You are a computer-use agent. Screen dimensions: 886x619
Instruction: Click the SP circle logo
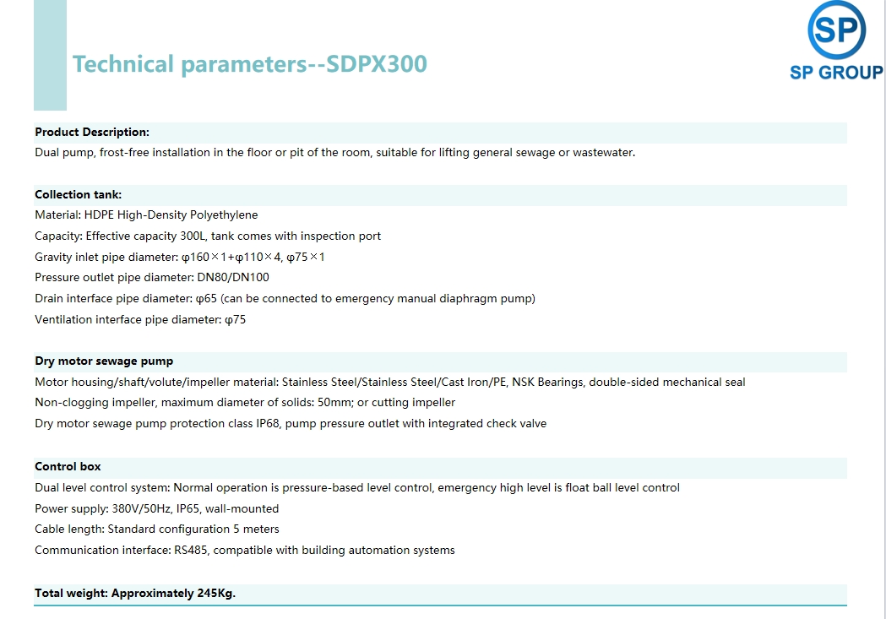pos(836,30)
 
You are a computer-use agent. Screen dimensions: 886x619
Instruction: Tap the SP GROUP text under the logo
pos(836,73)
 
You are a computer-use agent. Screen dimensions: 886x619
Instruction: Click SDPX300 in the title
pos(377,64)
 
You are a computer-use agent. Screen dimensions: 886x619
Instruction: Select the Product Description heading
pos(92,132)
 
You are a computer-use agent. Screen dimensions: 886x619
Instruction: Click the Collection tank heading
pos(78,195)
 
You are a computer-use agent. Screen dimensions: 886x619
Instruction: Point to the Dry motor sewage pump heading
pos(104,361)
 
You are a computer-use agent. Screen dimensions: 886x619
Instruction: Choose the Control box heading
pos(68,466)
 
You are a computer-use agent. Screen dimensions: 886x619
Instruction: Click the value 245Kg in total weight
pos(216,594)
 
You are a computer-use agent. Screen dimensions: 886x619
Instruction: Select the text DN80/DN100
pos(233,277)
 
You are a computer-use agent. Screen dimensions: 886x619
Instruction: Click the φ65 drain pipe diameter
pos(206,299)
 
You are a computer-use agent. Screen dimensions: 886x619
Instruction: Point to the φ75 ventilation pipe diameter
pos(235,320)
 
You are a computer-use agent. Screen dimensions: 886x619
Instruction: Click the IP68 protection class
pos(268,424)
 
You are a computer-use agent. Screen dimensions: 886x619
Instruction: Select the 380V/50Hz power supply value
pos(141,509)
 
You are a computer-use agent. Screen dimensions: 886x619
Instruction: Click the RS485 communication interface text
pos(191,550)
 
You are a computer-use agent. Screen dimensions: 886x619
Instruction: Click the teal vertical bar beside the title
pos(51,56)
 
